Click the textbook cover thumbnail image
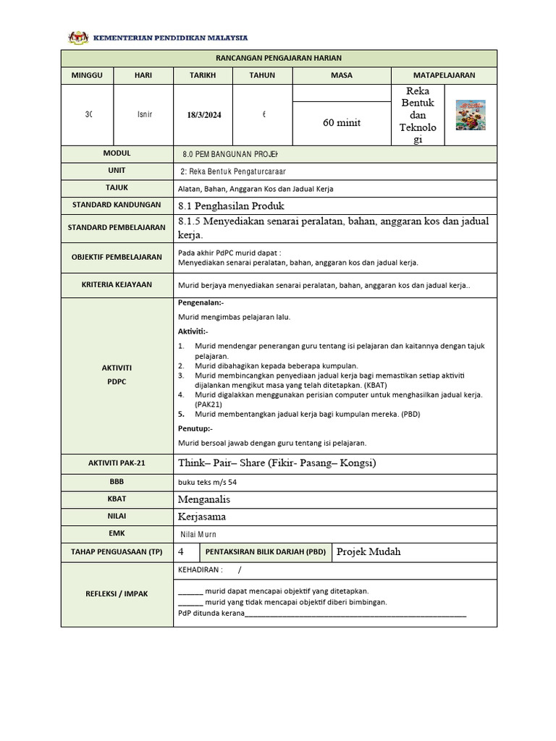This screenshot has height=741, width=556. click(x=471, y=115)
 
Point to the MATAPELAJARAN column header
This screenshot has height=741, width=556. click(x=444, y=75)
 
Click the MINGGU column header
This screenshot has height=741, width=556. click(x=87, y=75)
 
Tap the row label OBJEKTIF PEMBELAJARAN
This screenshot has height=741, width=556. click(x=117, y=257)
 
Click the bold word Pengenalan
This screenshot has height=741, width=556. click(x=201, y=302)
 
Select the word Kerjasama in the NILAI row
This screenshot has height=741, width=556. click(x=202, y=517)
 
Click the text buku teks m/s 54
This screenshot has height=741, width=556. click(x=207, y=482)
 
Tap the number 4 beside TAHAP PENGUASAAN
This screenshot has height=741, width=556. click(x=180, y=551)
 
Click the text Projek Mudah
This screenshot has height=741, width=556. click(x=368, y=551)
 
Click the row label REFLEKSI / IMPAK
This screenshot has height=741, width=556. click(x=117, y=593)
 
